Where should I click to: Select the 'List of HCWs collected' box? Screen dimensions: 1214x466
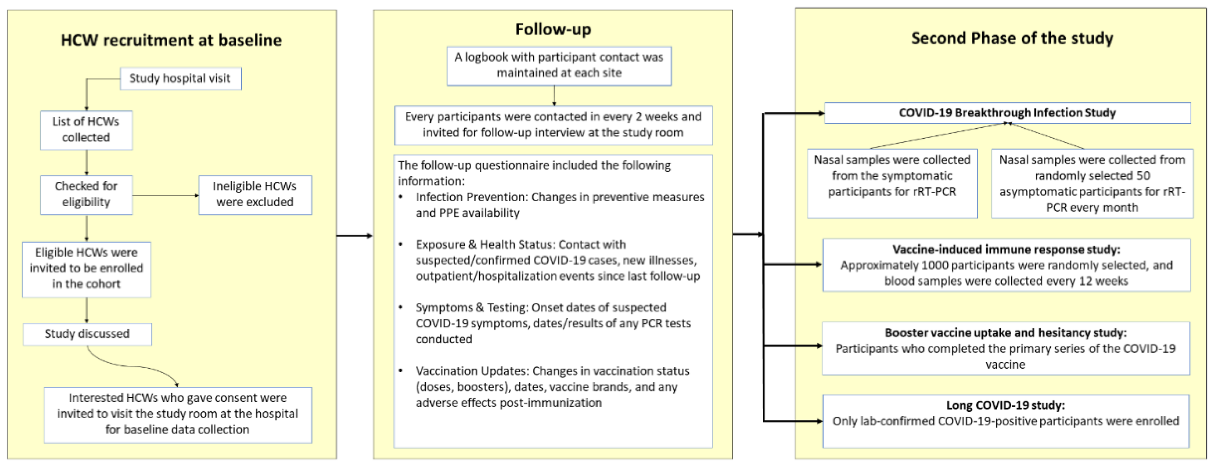pos(86,130)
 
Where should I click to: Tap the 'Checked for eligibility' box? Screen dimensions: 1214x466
pos(86,195)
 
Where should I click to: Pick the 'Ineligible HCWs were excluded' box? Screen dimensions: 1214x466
pos(255,195)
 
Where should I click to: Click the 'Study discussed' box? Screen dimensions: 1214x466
pos(87,334)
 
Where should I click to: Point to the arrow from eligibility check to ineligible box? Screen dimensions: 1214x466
pos(166,195)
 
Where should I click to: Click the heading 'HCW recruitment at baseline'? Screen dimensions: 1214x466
pos(171,40)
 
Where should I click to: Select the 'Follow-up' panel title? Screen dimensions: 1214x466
pos(553,29)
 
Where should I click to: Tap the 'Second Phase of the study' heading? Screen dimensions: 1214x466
pos(1012,38)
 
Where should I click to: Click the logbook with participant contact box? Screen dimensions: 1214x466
pos(559,66)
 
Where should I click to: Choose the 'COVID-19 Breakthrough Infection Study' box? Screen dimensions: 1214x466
pos(1007,113)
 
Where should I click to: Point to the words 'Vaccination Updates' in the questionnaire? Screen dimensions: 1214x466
pos(472,371)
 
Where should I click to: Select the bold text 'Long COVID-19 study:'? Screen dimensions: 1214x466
pos(1006,405)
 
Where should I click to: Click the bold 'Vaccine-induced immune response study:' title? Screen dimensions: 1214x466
pos(1006,249)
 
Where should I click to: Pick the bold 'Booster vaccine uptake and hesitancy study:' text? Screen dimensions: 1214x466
pos(1006,333)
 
